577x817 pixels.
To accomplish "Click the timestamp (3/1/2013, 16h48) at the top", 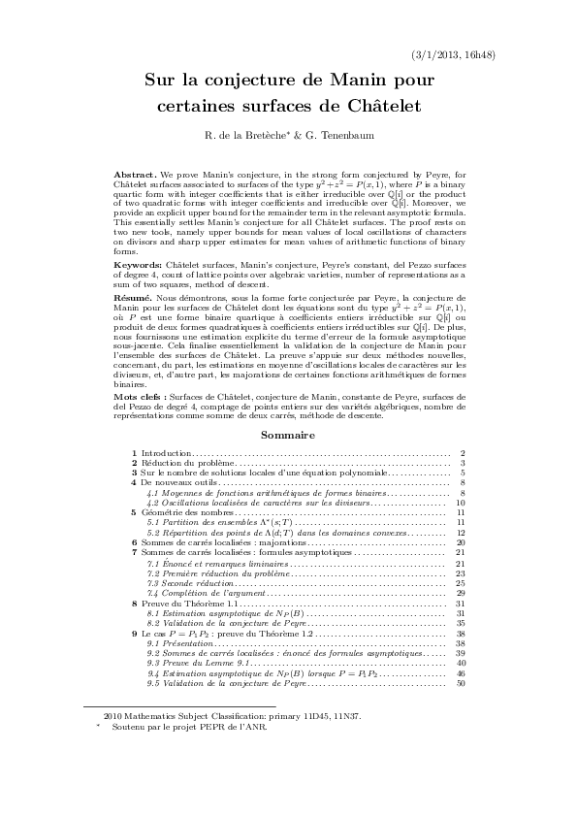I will coord(454,54).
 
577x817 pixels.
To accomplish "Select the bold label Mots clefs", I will coord(138,398).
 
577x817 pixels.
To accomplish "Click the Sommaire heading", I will coord(288,436).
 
